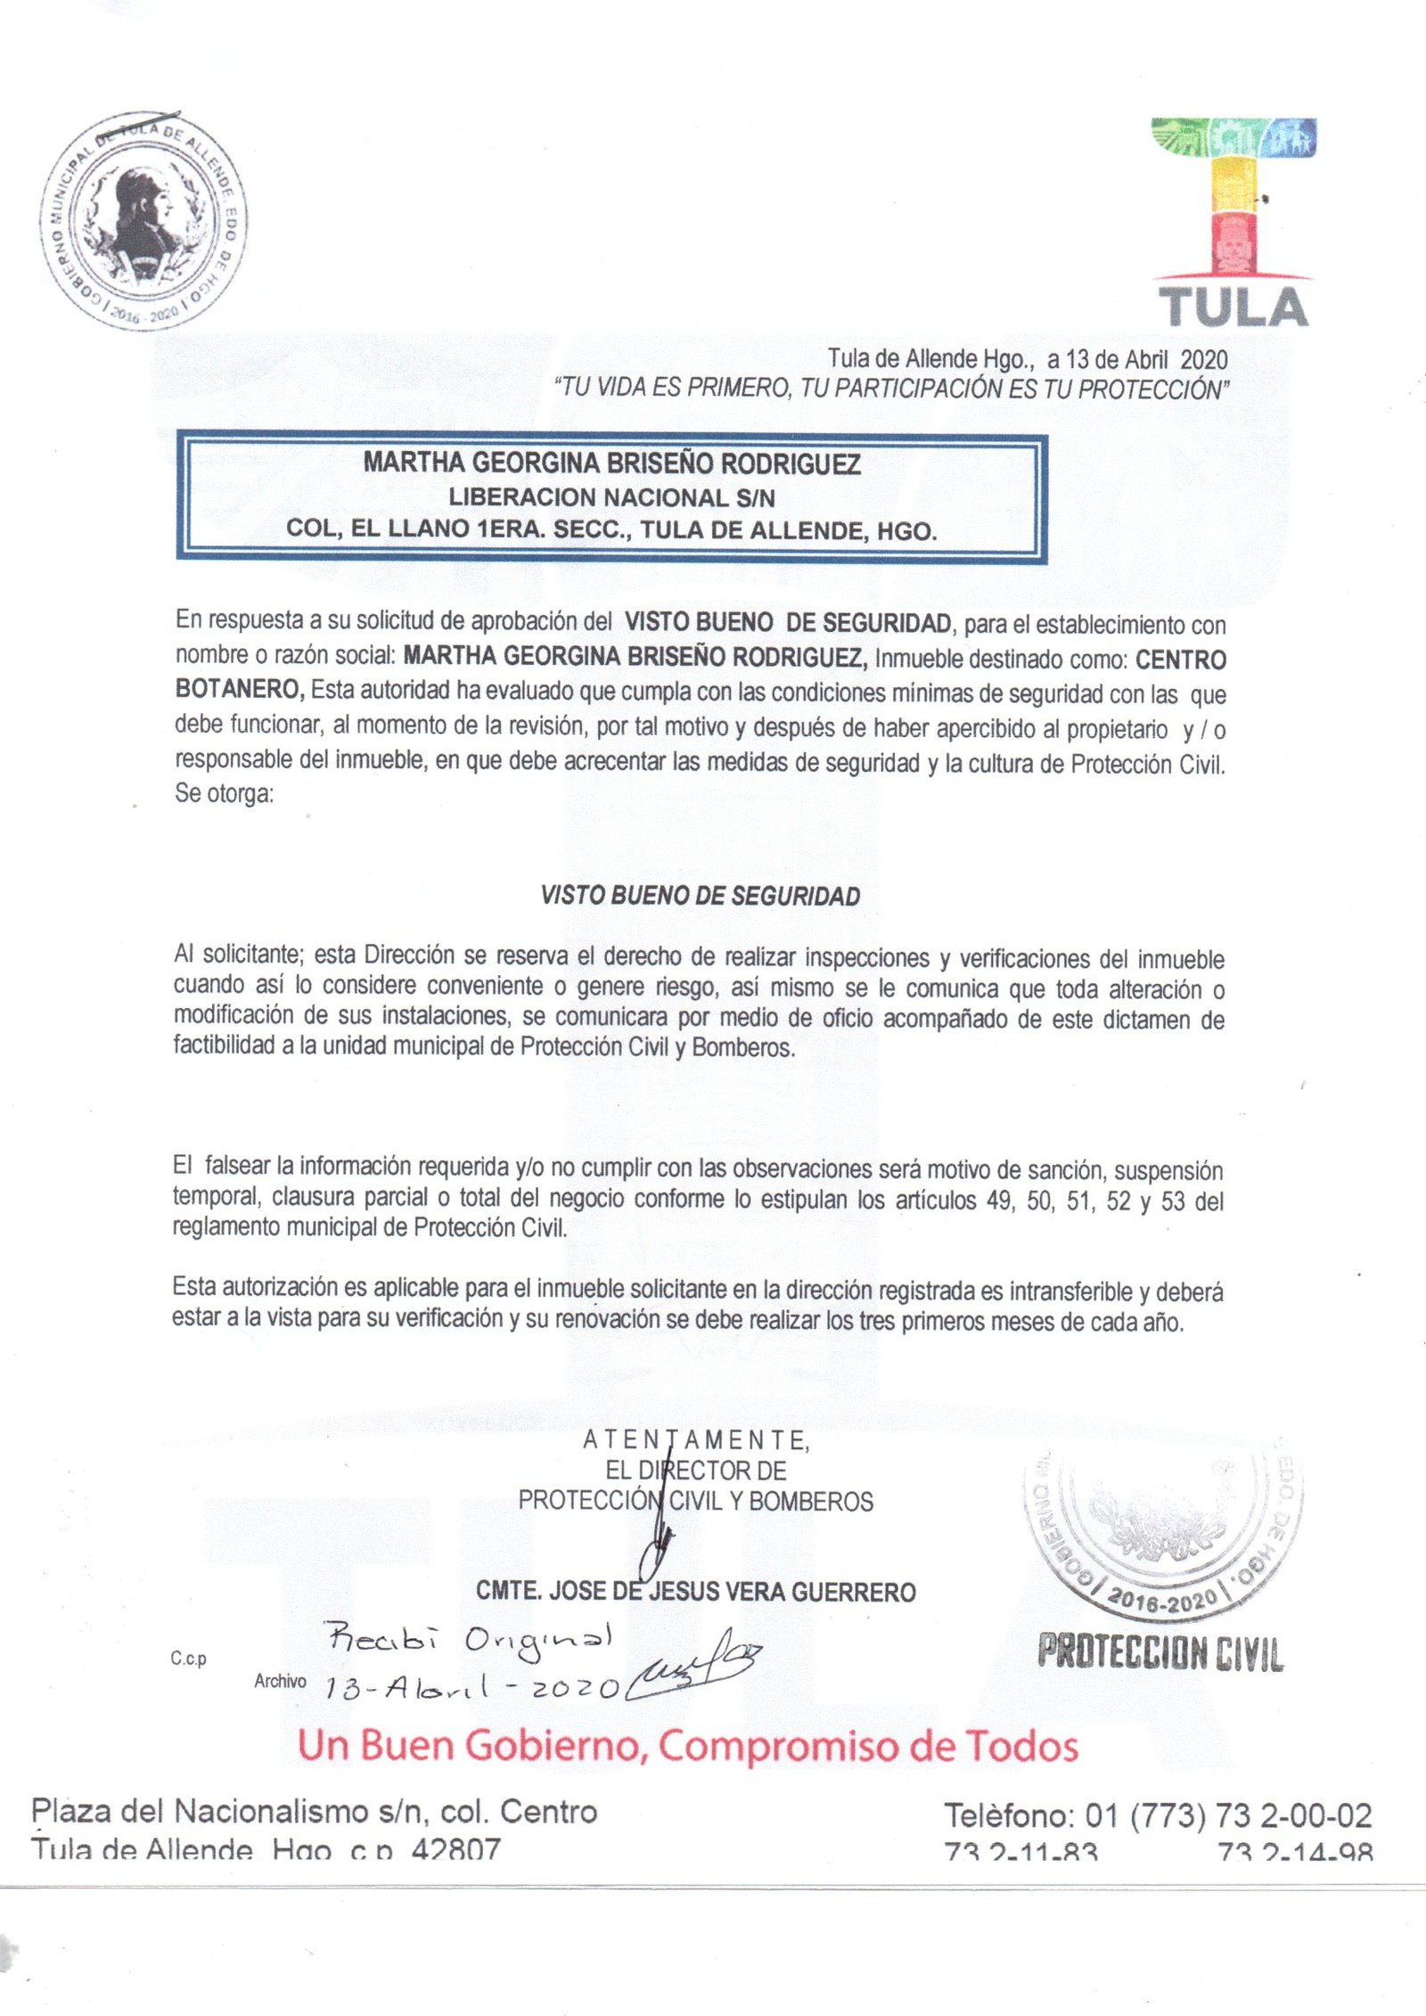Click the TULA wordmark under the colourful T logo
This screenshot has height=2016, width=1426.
click(1233, 307)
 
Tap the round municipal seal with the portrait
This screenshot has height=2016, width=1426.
click(143, 220)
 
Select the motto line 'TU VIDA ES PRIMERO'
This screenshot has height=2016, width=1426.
click(891, 389)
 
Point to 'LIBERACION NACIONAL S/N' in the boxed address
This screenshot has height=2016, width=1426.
click(611, 496)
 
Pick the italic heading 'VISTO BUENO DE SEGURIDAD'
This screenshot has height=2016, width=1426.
click(701, 896)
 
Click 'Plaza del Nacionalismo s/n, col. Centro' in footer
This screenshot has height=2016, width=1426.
click(314, 1811)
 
